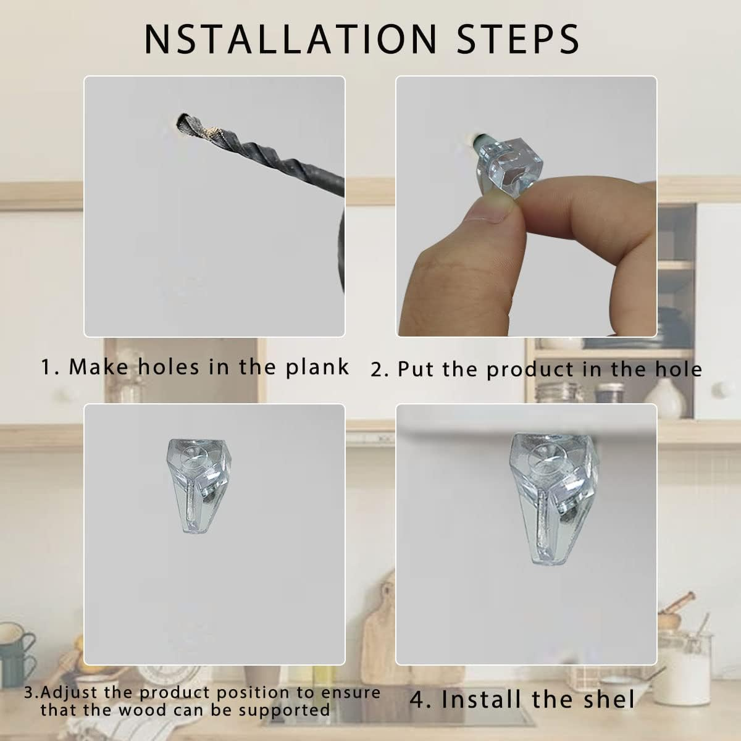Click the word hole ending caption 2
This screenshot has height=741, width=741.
(x=678, y=369)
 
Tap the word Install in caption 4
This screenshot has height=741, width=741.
(x=481, y=700)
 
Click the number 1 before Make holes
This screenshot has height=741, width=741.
(x=46, y=367)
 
